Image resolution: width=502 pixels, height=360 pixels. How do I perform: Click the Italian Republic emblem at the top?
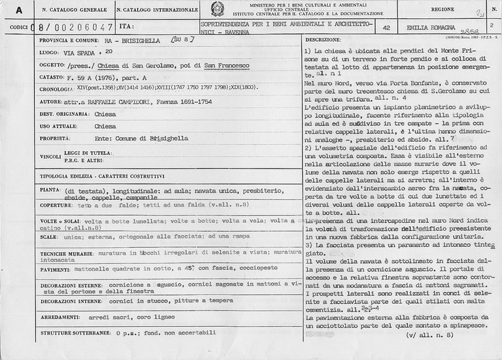pyautogui.click(x=216, y=9)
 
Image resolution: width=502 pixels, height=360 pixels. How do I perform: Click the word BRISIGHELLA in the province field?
pyautogui.click(x=139, y=41)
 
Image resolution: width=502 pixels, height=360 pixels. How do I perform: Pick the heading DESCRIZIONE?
pyautogui.click(x=324, y=41)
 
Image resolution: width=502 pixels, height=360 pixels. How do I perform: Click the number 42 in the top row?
pyautogui.click(x=386, y=27)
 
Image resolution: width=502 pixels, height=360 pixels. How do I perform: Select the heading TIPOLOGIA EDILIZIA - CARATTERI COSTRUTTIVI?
pyautogui.click(x=102, y=176)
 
